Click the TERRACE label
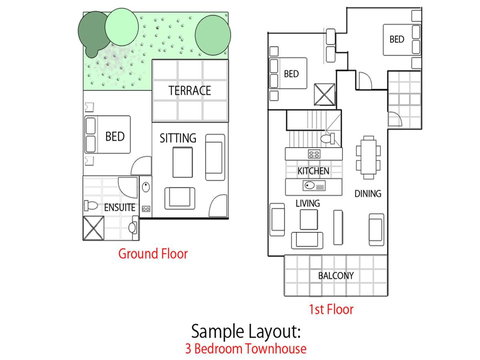coord(189,91)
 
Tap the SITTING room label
coord(178,137)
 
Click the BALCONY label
coord(336,275)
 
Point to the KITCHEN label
coord(313,172)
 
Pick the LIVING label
coord(307,205)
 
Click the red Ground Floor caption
coord(153,254)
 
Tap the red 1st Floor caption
coord(331,309)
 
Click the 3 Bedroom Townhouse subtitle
coord(244,349)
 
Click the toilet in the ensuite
coord(91,204)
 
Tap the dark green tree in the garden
coord(93,35)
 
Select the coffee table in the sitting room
coord(181,161)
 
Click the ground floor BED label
coord(115,137)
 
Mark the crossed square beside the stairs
coord(325,96)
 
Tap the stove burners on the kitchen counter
coord(313,154)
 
